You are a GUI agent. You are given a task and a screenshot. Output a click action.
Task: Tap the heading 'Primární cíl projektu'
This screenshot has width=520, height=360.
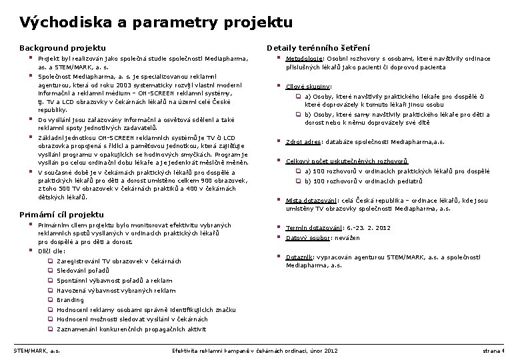[61, 214]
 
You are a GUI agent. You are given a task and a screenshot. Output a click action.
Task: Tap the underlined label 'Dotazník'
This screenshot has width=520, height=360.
[299, 257]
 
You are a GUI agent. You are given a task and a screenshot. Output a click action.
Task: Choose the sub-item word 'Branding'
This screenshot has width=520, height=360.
[71, 300]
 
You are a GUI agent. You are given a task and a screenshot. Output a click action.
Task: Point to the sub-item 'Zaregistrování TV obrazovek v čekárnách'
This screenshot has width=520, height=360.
[119, 261]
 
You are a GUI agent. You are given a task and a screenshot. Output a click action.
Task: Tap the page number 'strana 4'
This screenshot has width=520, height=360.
[494, 350]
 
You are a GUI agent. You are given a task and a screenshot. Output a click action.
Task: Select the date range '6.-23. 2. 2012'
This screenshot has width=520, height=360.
[368, 228]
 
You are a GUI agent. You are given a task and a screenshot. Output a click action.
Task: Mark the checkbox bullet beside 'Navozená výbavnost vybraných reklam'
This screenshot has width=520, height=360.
[50, 291]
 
